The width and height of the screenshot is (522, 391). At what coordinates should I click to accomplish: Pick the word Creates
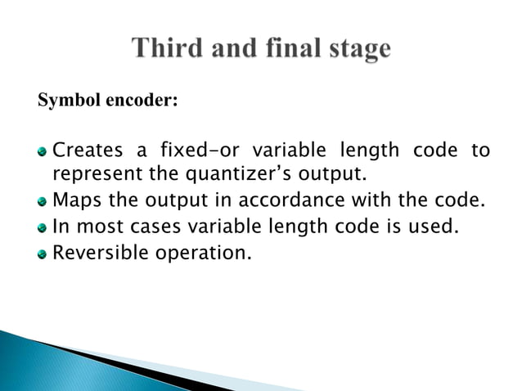(x=87, y=151)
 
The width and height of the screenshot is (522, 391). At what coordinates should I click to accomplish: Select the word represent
(x=91, y=174)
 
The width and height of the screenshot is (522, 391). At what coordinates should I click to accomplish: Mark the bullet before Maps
(x=43, y=200)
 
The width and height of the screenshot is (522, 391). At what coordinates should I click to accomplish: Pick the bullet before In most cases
(x=43, y=227)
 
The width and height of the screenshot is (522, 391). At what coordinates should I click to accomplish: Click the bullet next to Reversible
(x=43, y=253)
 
